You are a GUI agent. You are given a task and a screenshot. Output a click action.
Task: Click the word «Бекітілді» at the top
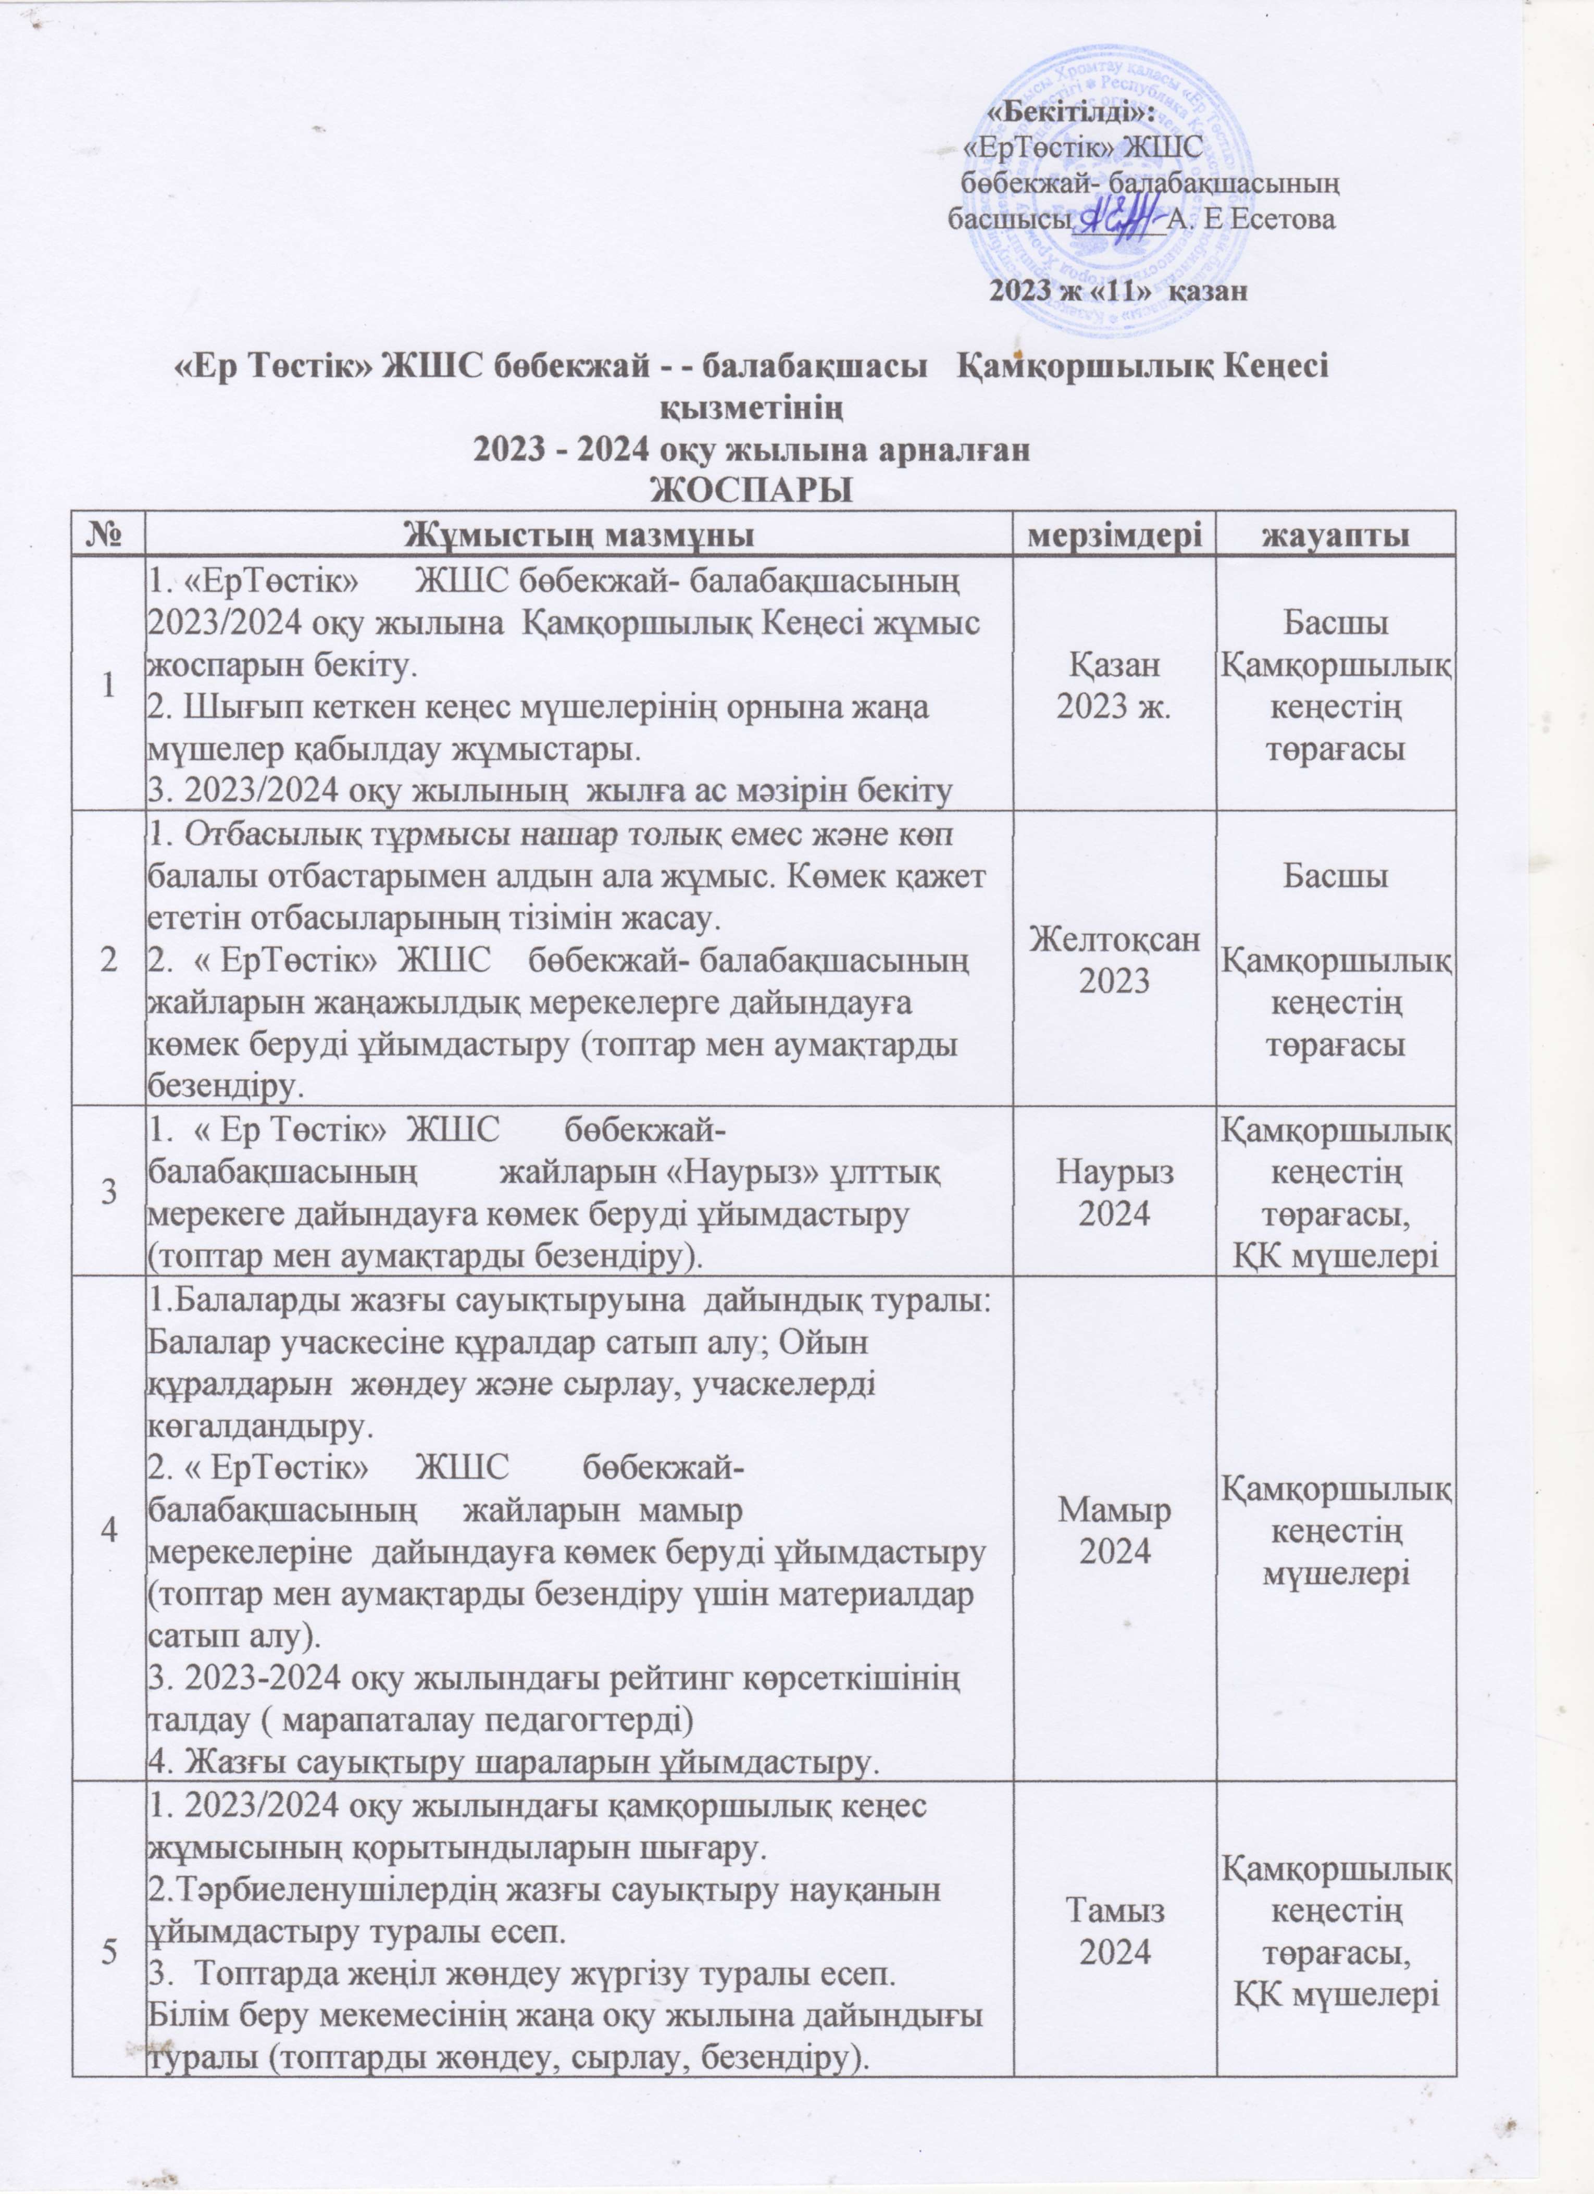coord(1069,114)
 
